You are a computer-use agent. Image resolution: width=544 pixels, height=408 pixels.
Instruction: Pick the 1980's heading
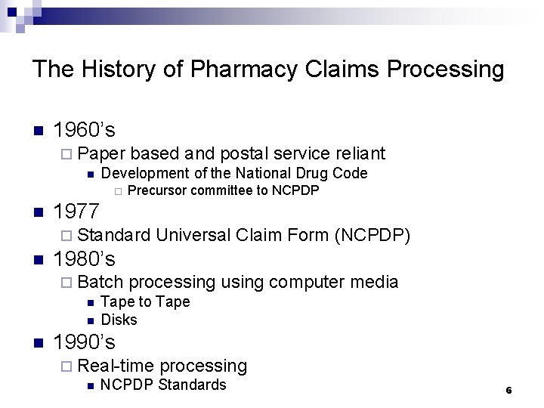pyautogui.click(x=85, y=259)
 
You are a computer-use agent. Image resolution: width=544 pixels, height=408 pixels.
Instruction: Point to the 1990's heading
pyautogui.click(x=85, y=342)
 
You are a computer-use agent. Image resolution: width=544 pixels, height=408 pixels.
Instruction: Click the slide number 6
pyautogui.click(x=508, y=390)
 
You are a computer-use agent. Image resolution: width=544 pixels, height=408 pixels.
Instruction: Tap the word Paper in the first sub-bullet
pyautogui.click(x=101, y=154)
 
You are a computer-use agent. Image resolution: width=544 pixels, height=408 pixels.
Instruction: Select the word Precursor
pyautogui.click(x=157, y=190)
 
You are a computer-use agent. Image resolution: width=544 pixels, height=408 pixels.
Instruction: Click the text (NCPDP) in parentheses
pyautogui.click(x=372, y=236)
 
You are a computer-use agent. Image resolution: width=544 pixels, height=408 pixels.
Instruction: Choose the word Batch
pyautogui.click(x=100, y=283)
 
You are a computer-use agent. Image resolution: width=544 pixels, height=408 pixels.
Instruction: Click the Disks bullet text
pyautogui.click(x=119, y=320)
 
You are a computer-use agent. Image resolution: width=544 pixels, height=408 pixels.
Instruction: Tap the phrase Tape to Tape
pyautogui.click(x=145, y=301)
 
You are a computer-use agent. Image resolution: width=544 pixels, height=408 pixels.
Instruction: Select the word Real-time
pyautogui.click(x=116, y=366)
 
